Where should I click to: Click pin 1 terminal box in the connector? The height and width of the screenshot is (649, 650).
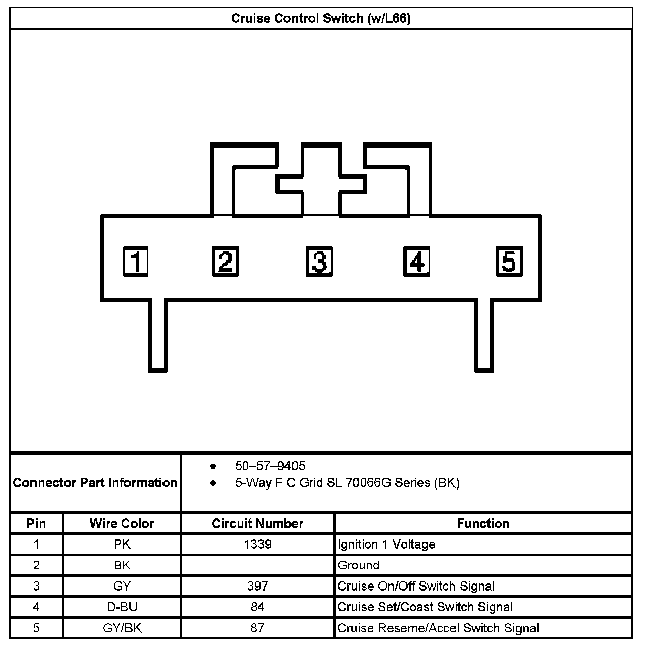coord(136,262)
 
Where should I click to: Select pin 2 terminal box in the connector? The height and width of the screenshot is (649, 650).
coord(225,262)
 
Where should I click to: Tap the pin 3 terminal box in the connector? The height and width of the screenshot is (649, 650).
coord(319,262)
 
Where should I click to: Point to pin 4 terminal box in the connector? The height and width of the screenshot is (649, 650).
coord(416,262)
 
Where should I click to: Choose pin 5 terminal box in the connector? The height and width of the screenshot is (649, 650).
coord(509,262)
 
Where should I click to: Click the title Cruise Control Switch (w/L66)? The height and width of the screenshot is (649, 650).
coord(321,19)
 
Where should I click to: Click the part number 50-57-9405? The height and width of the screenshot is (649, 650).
coord(270,466)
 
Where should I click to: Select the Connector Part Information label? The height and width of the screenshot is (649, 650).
coord(95,482)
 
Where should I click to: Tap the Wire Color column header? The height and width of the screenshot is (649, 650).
coord(122,523)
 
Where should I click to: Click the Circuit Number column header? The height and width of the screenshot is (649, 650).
coord(257,523)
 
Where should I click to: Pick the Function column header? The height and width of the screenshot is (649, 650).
coord(483,523)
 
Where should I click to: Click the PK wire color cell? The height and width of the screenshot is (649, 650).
coord(122,544)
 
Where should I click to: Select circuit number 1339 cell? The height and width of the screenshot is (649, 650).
coord(257,544)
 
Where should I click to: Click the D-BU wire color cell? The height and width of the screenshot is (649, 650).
coord(122,607)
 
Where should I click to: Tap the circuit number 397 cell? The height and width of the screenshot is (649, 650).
coord(257,586)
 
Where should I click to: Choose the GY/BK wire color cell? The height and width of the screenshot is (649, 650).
coord(122,628)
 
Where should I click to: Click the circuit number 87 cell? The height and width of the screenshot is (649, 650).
coord(257,628)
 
